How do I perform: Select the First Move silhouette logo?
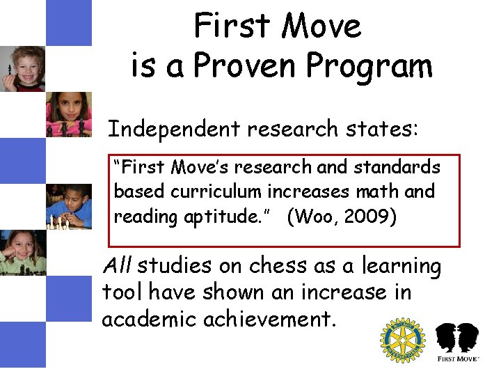(x=456, y=342)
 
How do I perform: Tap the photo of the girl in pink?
(x=68, y=114)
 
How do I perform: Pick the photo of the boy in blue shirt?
(x=68, y=206)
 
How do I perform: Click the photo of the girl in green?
(x=22, y=252)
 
